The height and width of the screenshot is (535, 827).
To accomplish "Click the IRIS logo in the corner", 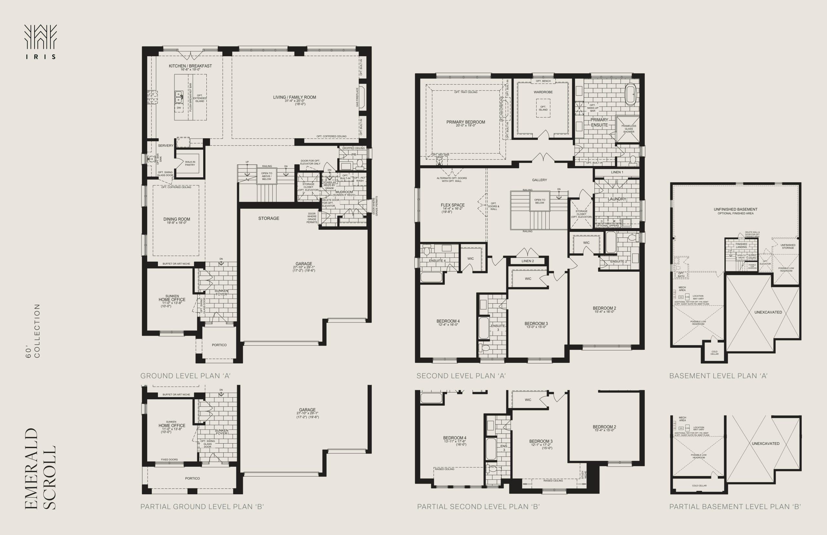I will click(x=40, y=41).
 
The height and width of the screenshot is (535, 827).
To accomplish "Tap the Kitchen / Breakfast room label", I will click(x=190, y=66).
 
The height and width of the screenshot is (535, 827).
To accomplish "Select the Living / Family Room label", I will click(x=295, y=97).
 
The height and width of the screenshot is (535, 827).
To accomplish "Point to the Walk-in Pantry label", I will click(x=190, y=163).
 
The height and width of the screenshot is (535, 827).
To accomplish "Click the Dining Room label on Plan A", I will click(x=176, y=219).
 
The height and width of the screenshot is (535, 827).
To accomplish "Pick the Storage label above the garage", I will click(x=268, y=218).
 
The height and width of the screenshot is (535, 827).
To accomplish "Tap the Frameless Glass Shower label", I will click(x=629, y=129).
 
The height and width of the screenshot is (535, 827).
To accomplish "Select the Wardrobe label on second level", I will click(x=543, y=92).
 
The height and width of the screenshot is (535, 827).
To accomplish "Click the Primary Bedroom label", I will click(x=466, y=122).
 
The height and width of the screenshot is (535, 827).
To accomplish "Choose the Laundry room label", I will click(x=617, y=199).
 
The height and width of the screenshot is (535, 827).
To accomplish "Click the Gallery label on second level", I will click(x=539, y=180).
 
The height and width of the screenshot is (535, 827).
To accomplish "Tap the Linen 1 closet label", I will click(x=617, y=172).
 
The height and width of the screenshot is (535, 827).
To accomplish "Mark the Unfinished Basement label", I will click(x=735, y=209).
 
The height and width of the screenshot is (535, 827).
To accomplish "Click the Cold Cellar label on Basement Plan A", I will click(x=714, y=352).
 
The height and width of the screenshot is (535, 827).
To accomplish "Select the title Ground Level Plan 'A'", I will click(x=185, y=376).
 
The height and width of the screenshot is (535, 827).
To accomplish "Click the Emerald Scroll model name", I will click(x=40, y=469).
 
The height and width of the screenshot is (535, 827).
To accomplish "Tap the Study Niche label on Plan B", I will click(x=584, y=475).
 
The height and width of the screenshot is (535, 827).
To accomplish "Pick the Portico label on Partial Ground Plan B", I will click(x=192, y=478).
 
